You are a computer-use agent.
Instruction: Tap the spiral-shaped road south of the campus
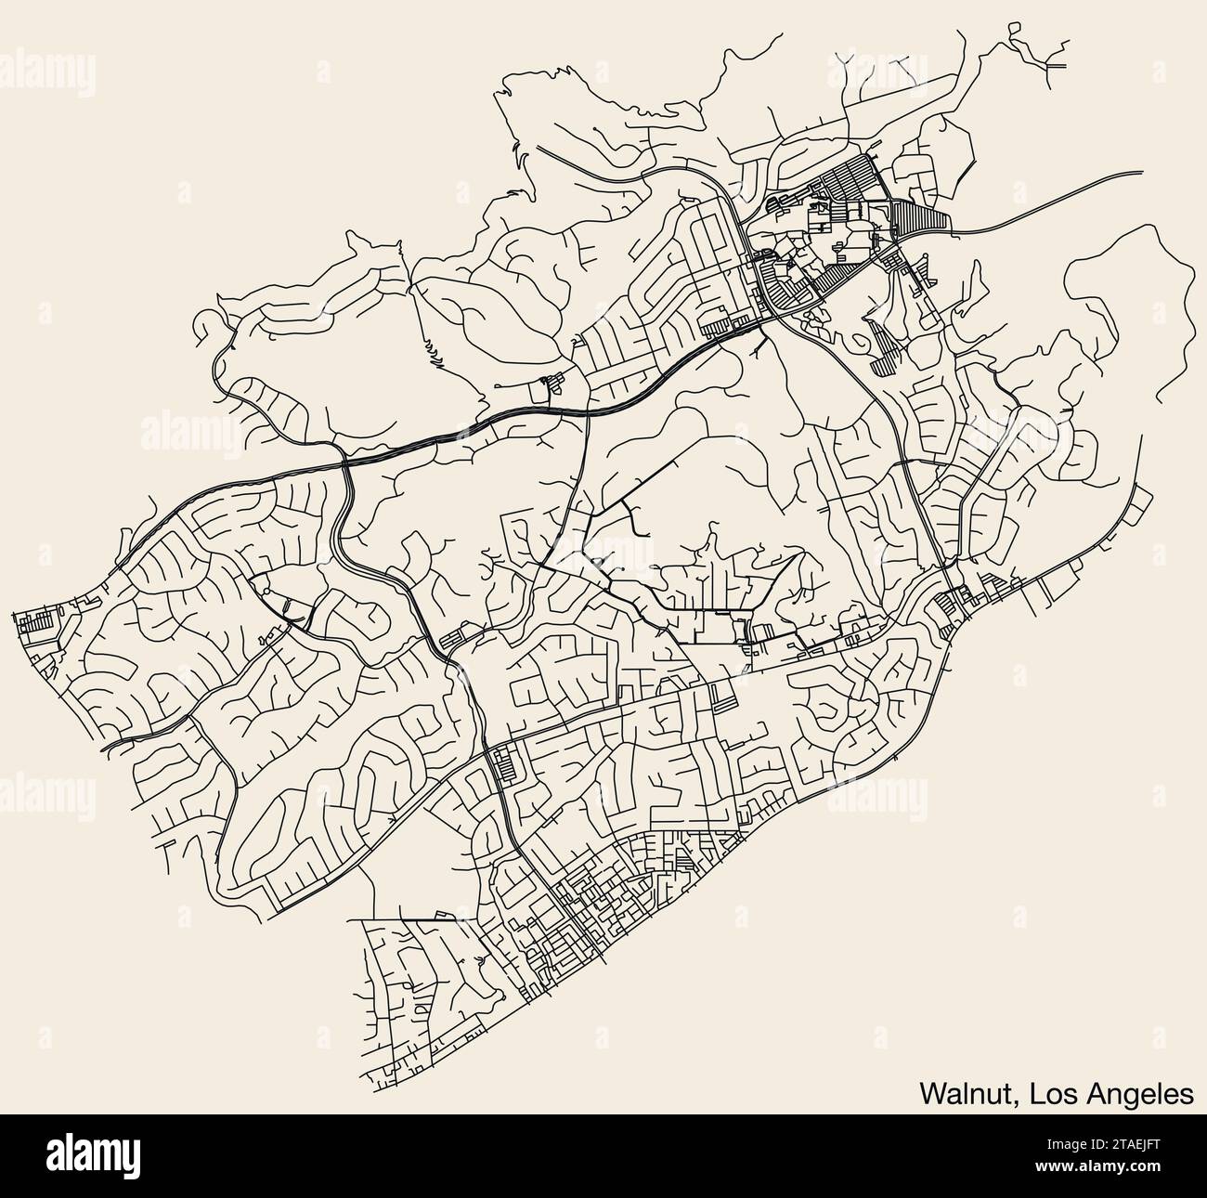[863, 341]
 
